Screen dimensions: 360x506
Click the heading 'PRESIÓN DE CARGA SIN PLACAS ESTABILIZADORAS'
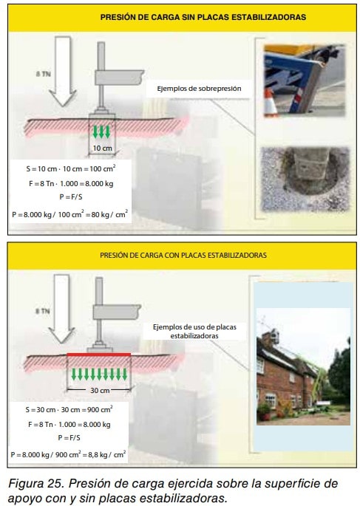pyautogui.click(x=203, y=17)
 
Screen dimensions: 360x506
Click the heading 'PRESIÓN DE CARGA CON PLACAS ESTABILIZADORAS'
pyautogui.click(x=183, y=256)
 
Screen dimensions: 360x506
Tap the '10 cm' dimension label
pyautogui.click(x=102, y=148)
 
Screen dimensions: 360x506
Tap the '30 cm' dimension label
pyautogui.click(x=100, y=391)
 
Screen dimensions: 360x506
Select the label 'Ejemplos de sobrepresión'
pyautogui.click(x=199, y=89)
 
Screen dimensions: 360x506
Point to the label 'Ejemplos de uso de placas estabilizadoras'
pyautogui.click(x=194, y=332)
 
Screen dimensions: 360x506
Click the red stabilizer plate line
pyautogui.click(x=99, y=355)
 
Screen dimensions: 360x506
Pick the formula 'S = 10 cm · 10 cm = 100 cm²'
pyautogui.click(x=71, y=168)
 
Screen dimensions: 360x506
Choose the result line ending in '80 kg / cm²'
pyautogui.click(x=69, y=214)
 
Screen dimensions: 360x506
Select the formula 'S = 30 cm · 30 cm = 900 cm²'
pyautogui.click(x=69, y=409)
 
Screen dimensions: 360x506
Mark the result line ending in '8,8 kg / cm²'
pyautogui.click(x=68, y=454)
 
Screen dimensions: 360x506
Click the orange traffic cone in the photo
pyautogui.click(x=271, y=102)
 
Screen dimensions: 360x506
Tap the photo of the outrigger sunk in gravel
pyautogui.click(x=305, y=179)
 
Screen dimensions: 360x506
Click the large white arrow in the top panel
pyautogui.click(x=63, y=72)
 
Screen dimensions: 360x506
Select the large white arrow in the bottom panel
pyautogui.click(x=61, y=309)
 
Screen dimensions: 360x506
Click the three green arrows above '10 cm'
pyautogui.click(x=101, y=131)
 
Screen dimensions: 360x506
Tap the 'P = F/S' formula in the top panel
pyautogui.click(x=71, y=196)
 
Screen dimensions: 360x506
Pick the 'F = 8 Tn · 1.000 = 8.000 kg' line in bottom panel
pyautogui.click(x=69, y=424)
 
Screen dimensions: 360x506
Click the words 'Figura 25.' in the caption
pyautogui.click(x=35, y=483)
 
